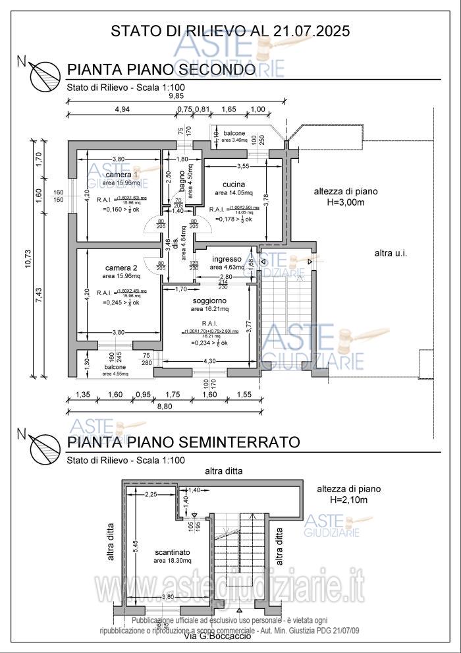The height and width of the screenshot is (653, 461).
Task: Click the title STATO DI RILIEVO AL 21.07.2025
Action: point(230,30)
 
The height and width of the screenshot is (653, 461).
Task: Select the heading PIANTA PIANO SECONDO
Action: point(161,71)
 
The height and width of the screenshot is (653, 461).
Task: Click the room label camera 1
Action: point(118,174)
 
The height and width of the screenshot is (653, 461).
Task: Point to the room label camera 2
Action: point(121,268)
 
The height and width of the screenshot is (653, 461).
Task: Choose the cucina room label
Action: point(233,184)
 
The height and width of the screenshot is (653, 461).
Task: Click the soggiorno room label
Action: point(209,300)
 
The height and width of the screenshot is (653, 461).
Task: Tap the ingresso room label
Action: point(225,259)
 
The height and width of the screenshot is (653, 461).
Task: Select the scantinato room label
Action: point(173,552)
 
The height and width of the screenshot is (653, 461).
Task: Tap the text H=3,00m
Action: point(345,202)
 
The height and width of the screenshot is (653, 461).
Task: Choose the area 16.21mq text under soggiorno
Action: point(209,308)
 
